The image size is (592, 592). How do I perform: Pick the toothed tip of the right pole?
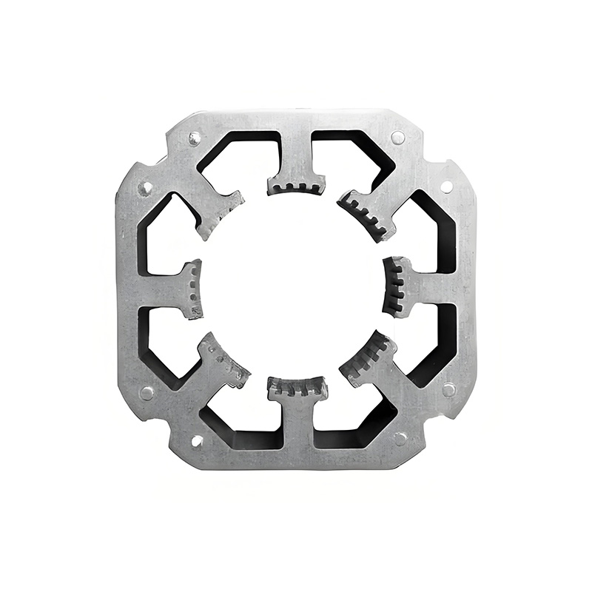(397, 287)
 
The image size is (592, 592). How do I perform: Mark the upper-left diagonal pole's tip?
(222, 213)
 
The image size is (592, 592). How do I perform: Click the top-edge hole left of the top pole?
(195, 138)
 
